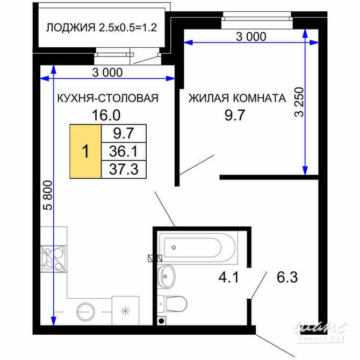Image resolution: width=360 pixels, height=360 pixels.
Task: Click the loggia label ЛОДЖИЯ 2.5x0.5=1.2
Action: pyautogui.click(x=101, y=27)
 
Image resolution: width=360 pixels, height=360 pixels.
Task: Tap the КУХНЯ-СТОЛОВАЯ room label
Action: pyautogui.click(x=108, y=98)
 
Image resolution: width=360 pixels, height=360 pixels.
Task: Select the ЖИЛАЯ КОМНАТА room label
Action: pyautogui.click(x=236, y=98)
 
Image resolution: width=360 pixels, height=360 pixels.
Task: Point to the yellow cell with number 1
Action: pyautogui.click(x=85, y=151)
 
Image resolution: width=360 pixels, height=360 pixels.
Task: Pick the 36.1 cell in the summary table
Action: pyautogui.click(x=124, y=151)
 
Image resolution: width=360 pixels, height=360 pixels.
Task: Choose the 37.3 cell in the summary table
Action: pyautogui.click(x=124, y=170)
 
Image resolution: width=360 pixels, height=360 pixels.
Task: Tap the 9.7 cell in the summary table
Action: pyautogui.click(x=124, y=133)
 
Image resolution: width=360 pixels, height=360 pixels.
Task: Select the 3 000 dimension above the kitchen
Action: pyautogui.click(x=107, y=73)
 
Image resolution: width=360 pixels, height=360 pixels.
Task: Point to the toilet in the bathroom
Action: pyautogui.click(x=173, y=304)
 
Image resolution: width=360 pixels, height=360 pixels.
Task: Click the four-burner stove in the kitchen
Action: pyautogui.click(x=54, y=257)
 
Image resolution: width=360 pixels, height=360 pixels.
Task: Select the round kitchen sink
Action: pyautogui.click(x=85, y=311)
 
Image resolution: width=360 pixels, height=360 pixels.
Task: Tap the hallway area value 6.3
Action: pyautogui.click(x=286, y=278)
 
